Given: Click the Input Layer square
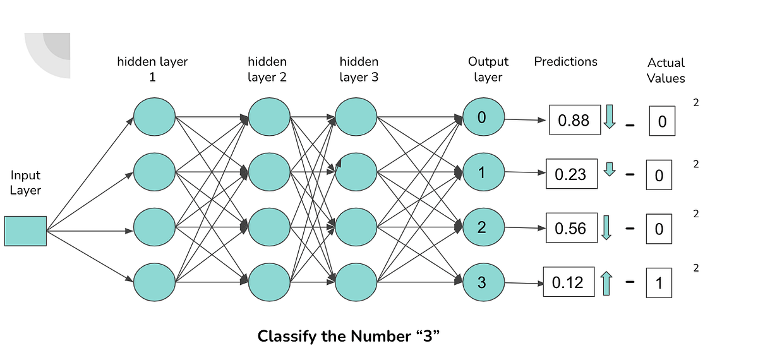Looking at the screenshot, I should click(x=25, y=231).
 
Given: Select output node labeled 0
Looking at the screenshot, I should click(x=483, y=117).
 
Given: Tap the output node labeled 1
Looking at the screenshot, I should click(x=483, y=172).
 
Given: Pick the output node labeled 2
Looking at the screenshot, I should click(x=483, y=227).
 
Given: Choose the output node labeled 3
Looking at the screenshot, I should click(x=483, y=282).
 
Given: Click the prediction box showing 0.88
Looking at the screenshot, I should click(x=574, y=120).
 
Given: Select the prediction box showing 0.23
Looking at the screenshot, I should click(x=571, y=174).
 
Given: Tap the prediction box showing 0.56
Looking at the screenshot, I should click(x=571, y=228).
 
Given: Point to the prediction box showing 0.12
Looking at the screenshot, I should click(x=568, y=282).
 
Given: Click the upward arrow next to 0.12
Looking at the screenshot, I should click(x=606, y=282).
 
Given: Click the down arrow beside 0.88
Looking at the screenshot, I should click(x=610, y=117).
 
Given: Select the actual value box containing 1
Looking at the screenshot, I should click(x=659, y=284).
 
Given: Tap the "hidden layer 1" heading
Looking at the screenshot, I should click(x=152, y=69).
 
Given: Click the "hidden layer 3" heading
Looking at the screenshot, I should click(x=359, y=69).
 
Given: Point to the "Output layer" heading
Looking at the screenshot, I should click(x=488, y=69).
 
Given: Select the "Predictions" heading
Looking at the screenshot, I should click(x=565, y=62).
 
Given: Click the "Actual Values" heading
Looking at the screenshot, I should click(x=666, y=71).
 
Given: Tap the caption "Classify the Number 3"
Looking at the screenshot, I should click(x=348, y=336).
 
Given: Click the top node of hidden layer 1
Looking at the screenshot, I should click(x=154, y=117).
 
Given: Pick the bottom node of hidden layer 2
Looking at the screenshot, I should click(x=269, y=282).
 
